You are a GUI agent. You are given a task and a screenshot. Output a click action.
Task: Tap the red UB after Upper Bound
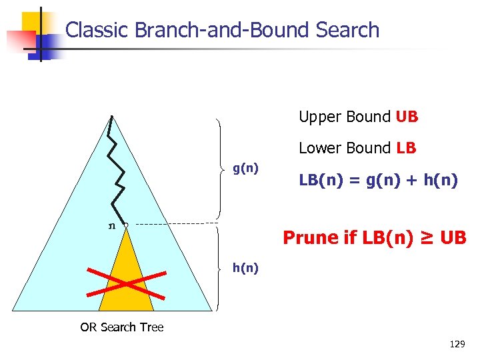(x=407, y=117)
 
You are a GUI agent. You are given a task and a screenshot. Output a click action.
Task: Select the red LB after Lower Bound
(x=406, y=148)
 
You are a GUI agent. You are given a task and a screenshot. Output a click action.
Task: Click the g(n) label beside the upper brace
(x=245, y=167)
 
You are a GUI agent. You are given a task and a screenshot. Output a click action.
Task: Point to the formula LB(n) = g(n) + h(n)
(x=377, y=179)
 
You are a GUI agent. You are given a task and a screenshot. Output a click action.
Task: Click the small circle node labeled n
(x=125, y=225)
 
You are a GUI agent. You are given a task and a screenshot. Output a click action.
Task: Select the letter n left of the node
(x=111, y=225)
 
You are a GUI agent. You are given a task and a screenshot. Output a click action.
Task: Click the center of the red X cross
(x=125, y=283)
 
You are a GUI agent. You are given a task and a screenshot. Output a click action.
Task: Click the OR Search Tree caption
(x=122, y=327)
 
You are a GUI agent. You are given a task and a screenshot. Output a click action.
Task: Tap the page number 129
(x=457, y=345)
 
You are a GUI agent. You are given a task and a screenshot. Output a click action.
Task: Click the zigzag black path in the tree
(x=117, y=173)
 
